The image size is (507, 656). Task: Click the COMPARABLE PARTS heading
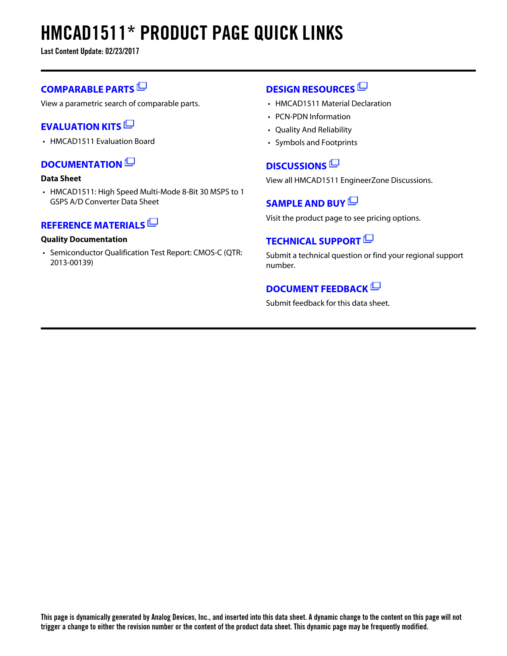(x=87, y=89)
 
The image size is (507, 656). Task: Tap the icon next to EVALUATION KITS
(x=129, y=124)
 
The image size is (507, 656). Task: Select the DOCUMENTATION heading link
(x=82, y=165)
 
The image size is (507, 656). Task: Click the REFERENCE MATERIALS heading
(x=93, y=225)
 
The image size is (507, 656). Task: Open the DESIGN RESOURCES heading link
(x=310, y=89)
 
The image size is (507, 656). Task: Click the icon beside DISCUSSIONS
(x=334, y=163)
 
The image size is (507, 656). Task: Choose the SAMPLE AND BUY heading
(x=305, y=204)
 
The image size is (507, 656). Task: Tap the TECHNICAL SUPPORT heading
(x=313, y=241)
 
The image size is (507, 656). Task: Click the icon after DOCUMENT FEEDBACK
(x=376, y=286)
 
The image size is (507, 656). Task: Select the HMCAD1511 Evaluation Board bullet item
(x=102, y=142)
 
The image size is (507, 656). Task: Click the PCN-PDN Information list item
(x=313, y=117)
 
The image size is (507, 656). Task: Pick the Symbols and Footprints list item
(x=316, y=143)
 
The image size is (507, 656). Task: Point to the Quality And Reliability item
(x=313, y=130)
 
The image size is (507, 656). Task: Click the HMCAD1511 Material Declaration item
(x=333, y=104)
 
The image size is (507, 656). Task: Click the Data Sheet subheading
(x=61, y=179)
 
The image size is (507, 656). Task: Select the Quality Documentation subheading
(x=84, y=240)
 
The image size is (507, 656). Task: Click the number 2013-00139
(x=72, y=263)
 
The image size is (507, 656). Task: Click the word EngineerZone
(x=365, y=180)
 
